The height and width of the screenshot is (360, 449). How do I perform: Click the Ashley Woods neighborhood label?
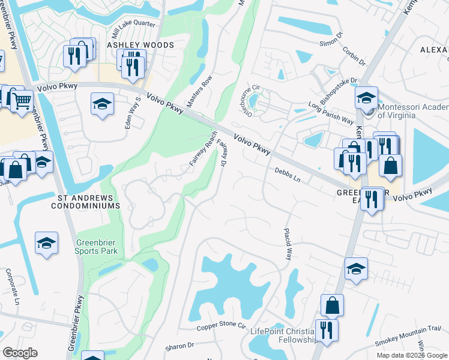[140, 45]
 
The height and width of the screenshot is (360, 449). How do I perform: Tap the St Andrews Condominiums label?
[88, 201]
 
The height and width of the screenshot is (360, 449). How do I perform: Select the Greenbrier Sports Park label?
[97, 247]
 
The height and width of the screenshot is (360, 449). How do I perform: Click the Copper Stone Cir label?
[221, 326]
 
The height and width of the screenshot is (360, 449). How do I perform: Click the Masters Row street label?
[199, 91]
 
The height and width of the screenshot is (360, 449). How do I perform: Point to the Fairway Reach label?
[203, 149]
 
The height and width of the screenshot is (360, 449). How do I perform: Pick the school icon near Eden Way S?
[102, 104]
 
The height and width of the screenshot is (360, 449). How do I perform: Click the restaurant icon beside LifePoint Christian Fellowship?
[327, 331]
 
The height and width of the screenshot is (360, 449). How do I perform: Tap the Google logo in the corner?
[20, 353]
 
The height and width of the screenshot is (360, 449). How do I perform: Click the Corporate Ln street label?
[10, 284]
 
